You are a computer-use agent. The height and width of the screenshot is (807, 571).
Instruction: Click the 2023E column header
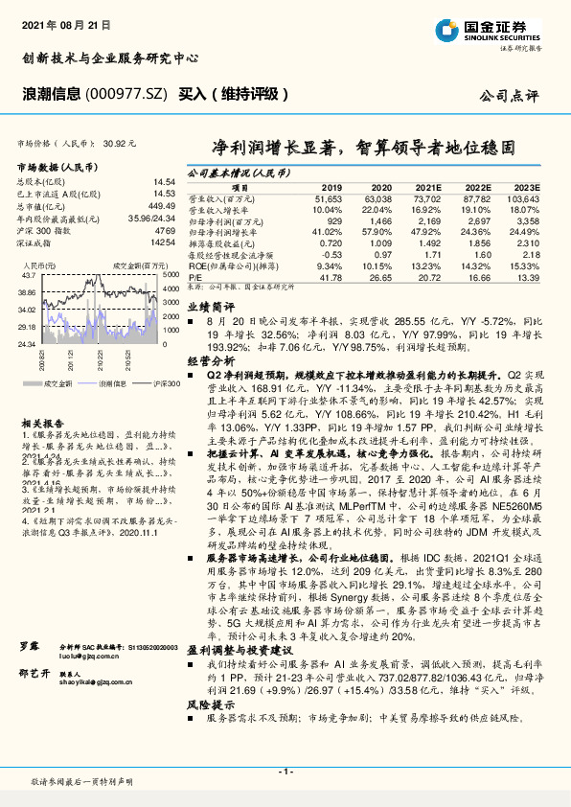click(x=526, y=188)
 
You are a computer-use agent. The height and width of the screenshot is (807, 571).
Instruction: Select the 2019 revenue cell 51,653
click(x=330, y=197)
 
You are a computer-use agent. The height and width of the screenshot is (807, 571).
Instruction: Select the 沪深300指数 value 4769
click(x=165, y=233)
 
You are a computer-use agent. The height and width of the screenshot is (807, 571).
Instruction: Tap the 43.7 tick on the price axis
click(x=28, y=275)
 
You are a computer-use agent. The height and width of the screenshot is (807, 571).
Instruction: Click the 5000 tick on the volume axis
click(x=169, y=275)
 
